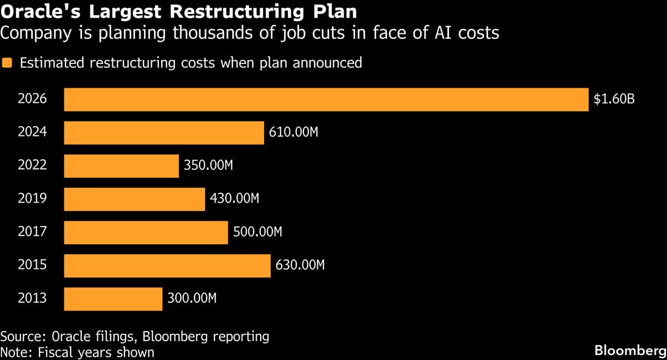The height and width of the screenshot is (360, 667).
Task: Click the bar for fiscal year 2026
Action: [326, 99]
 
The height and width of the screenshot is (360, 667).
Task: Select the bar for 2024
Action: [164, 133]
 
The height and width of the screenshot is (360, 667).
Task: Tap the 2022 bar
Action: [121, 166]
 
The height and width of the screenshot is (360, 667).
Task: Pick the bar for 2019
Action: [135, 199]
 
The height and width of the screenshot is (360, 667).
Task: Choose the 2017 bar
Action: [146, 233]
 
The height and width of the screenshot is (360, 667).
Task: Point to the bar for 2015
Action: [167, 266]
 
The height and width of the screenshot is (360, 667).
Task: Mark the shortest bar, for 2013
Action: [113, 299]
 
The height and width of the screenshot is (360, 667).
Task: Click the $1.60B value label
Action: [614, 99]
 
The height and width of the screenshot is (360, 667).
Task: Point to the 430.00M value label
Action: [235, 199]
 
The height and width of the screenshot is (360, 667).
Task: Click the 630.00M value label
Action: [300, 266]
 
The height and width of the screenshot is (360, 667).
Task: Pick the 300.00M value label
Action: [192, 299]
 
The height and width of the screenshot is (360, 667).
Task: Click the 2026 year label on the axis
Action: [32, 99]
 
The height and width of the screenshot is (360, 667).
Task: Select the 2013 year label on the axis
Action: [32, 299]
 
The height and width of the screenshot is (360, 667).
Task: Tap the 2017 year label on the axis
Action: [32, 233]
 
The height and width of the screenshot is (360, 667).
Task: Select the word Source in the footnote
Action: [21, 337]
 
